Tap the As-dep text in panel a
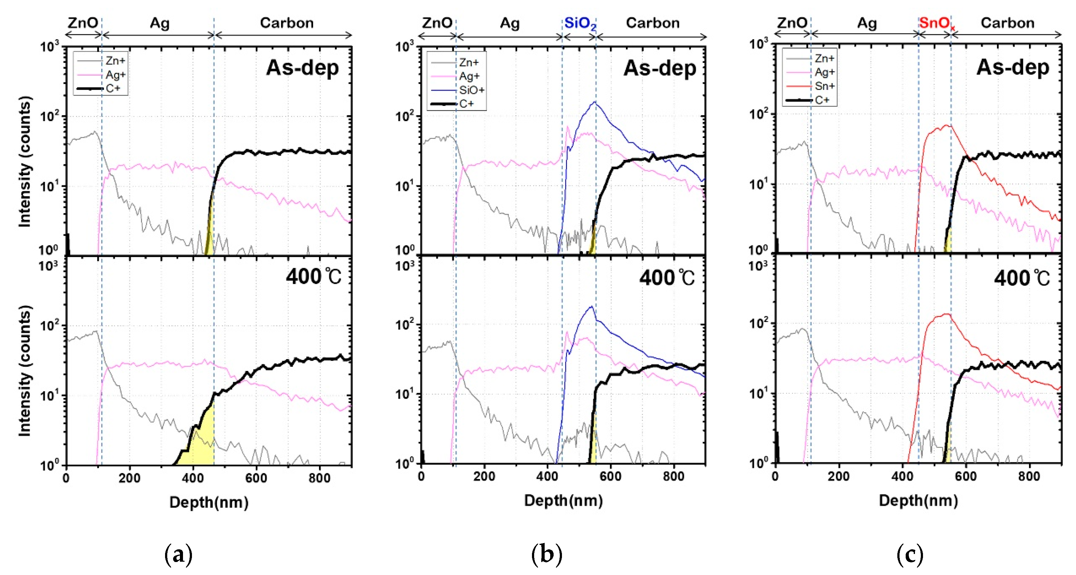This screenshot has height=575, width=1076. pos(302,68)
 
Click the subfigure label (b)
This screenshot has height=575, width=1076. pos(547,555)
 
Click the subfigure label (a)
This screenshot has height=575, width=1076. pos(178,555)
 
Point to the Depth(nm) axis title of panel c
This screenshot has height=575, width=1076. pos(918,500)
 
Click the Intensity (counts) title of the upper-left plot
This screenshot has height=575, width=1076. pos(25,162)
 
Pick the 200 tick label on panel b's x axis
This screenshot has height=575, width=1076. pos(484,476)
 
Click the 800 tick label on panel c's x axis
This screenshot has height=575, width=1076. pos(1028,476)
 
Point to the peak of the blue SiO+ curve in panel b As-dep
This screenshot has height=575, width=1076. pos(594,102)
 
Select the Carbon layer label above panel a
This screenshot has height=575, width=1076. pos(287,23)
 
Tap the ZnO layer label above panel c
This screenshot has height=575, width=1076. pos(792,23)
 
